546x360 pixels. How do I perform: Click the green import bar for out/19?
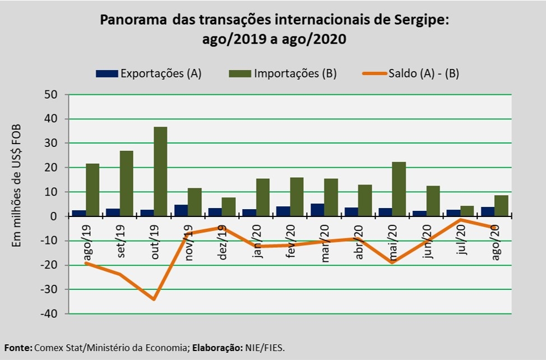click(160, 171)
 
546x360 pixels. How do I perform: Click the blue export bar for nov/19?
click(181, 210)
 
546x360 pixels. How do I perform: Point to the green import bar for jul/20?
click(467, 211)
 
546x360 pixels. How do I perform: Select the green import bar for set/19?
click(126, 183)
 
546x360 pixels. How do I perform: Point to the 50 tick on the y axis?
click(51, 95)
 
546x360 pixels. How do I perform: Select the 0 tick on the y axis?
click(54, 216)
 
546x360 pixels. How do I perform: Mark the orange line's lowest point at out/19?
click(154, 299)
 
